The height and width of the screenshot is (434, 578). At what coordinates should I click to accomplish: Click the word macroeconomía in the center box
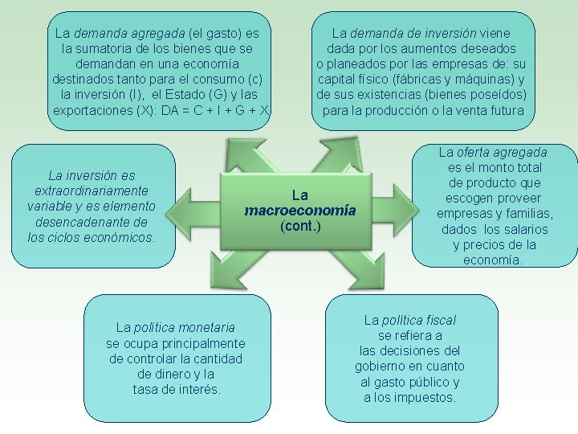[299, 211]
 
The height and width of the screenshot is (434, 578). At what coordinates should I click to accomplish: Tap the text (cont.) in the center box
[300, 227]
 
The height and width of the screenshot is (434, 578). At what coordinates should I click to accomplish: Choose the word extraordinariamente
[92, 190]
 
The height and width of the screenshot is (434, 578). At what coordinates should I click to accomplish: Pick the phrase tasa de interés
[177, 390]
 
